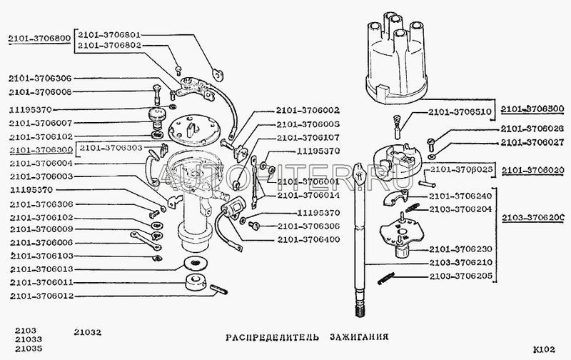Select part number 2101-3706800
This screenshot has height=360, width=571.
tap(39, 39)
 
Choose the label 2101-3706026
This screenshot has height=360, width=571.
tap(532, 129)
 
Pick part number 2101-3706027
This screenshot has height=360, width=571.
tap(532, 142)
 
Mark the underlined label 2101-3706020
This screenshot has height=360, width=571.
tap(533, 170)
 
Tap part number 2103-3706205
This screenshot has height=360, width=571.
tap(461, 274)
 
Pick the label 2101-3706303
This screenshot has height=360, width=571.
tap(110, 148)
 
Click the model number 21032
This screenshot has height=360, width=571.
tap(89, 331)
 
